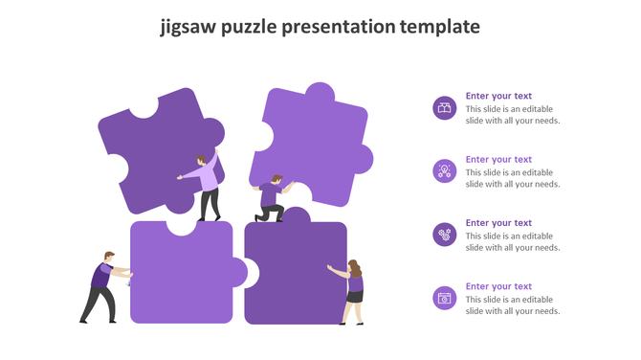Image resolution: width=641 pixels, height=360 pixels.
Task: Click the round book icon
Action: click(x=444, y=107)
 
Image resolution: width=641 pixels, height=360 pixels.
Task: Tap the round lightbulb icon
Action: click(x=444, y=170)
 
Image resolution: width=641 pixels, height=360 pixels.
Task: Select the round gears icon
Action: click(x=444, y=234)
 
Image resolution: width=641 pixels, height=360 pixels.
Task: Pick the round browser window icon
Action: click(x=444, y=298)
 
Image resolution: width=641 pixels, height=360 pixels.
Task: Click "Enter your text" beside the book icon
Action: click(x=498, y=96)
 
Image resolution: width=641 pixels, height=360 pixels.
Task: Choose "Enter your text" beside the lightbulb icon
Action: click(x=498, y=159)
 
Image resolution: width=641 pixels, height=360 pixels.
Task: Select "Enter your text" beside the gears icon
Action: click(x=498, y=223)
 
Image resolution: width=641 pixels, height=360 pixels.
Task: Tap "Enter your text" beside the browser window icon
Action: click(x=498, y=286)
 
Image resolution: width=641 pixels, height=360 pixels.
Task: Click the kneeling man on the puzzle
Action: click(x=272, y=198)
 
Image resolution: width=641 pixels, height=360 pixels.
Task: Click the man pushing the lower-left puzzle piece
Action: click(x=101, y=286)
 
